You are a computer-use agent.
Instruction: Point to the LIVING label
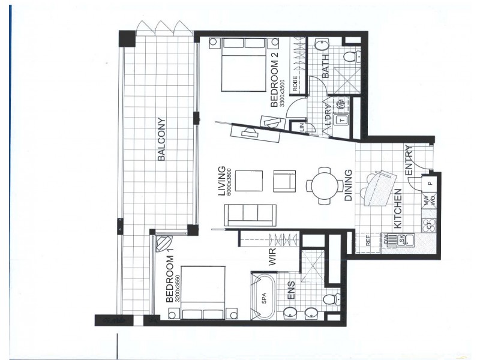[x=221, y=181]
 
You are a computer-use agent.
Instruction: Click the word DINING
[x=349, y=188]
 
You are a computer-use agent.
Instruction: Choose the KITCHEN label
[x=397, y=209]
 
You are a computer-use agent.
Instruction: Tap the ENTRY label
[x=409, y=161]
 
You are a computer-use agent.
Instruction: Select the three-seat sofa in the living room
[x=250, y=215]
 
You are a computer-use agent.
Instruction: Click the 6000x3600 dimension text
[x=229, y=181]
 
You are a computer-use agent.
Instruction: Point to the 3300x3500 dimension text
[x=283, y=90]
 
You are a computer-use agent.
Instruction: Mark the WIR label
[x=271, y=259]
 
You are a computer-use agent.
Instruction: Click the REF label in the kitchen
[x=368, y=242]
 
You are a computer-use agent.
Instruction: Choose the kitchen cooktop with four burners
[x=428, y=225]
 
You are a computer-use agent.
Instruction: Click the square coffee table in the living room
[x=248, y=182]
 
